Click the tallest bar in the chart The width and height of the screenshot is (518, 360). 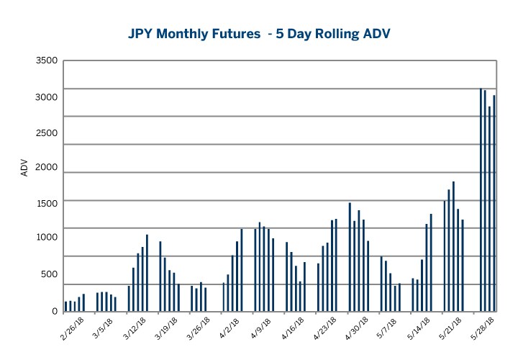(481, 199)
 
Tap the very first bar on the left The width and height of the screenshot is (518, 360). (65, 306)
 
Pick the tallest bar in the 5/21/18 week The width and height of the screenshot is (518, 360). (453, 246)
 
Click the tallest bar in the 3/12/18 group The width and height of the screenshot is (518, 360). (147, 273)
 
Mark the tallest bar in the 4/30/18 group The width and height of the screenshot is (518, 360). (350, 257)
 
